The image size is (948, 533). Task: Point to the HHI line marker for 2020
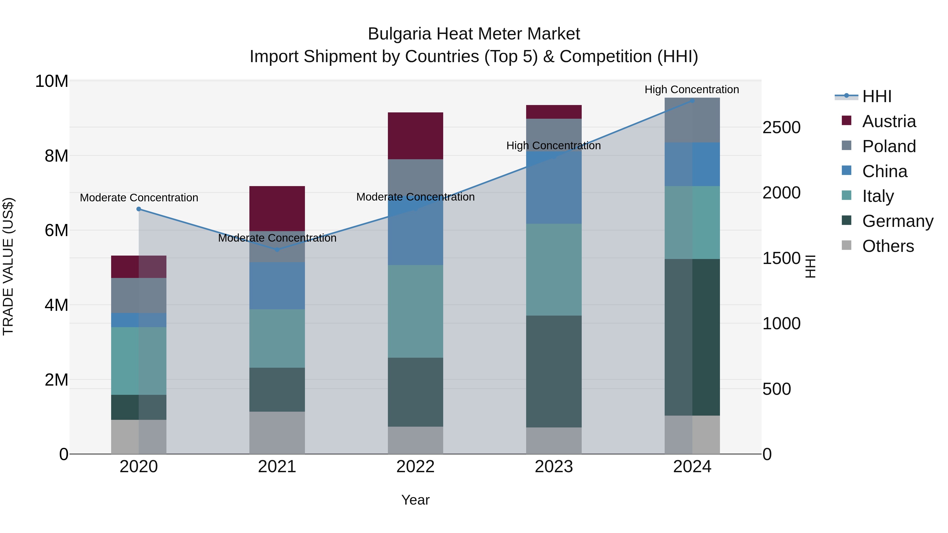click(x=139, y=209)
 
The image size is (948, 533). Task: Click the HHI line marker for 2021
click(x=277, y=250)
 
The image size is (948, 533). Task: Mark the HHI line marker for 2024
click(x=692, y=101)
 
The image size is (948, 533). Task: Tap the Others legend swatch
click(x=846, y=245)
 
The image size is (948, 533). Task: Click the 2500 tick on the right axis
click(x=781, y=128)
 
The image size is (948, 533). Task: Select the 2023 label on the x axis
click(x=554, y=467)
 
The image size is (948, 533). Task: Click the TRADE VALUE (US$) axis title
click(x=8, y=266)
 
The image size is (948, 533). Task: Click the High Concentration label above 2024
click(x=692, y=89)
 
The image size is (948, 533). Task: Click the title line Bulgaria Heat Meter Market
click(x=474, y=34)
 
